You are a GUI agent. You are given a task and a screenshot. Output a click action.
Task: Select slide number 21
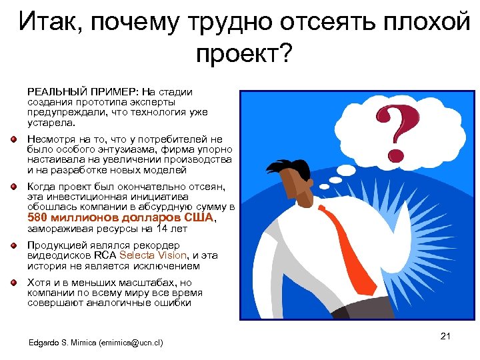[x=446, y=335]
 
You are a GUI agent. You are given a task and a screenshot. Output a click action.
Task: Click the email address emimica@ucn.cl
[x=131, y=343]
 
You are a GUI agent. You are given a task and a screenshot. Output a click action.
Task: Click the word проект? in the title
[x=243, y=53]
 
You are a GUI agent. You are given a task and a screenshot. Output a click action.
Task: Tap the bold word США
[x=198, y=217]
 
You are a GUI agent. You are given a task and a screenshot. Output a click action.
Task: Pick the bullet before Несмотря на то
[x=13, y=139]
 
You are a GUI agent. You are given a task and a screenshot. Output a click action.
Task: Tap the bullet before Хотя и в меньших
[x=13, y=283]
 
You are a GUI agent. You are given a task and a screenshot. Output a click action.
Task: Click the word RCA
[x=105, y=255]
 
